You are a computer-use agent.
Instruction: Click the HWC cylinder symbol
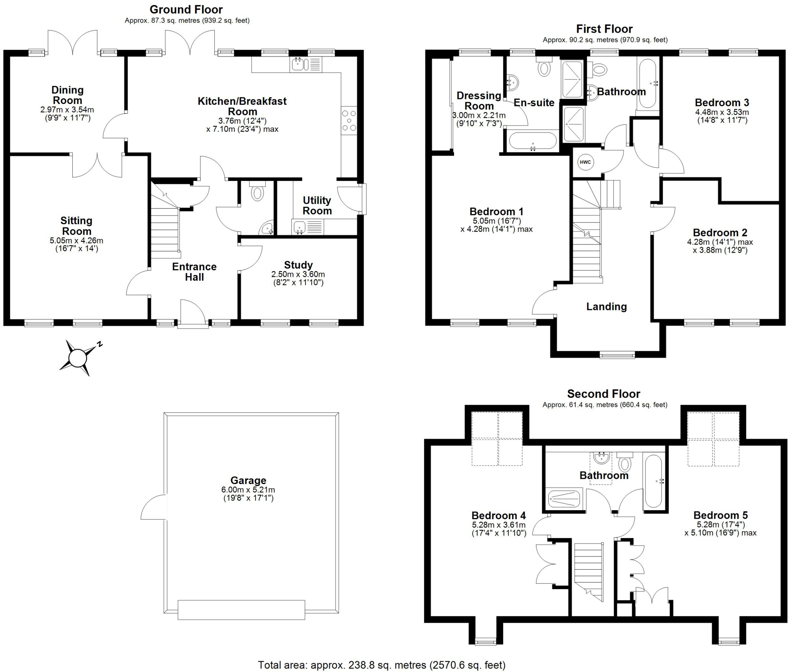coord(585,162)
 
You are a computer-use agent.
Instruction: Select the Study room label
coord(298,265)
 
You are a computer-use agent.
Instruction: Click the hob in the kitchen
coord(349,121)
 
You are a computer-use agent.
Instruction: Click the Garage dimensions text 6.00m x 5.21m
coord(248,490)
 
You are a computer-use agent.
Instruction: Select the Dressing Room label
coord(479,101)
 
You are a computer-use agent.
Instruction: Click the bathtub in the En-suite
coord(533,141)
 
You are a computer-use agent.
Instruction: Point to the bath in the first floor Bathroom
coord(648,83)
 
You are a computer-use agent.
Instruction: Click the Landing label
coord(606,307)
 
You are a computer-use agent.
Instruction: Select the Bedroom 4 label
coord(499,515)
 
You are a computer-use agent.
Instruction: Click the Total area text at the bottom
coord(381,665)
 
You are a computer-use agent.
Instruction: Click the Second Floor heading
coord(603,394)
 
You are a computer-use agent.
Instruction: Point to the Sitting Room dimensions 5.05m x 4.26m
coord(76,241)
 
